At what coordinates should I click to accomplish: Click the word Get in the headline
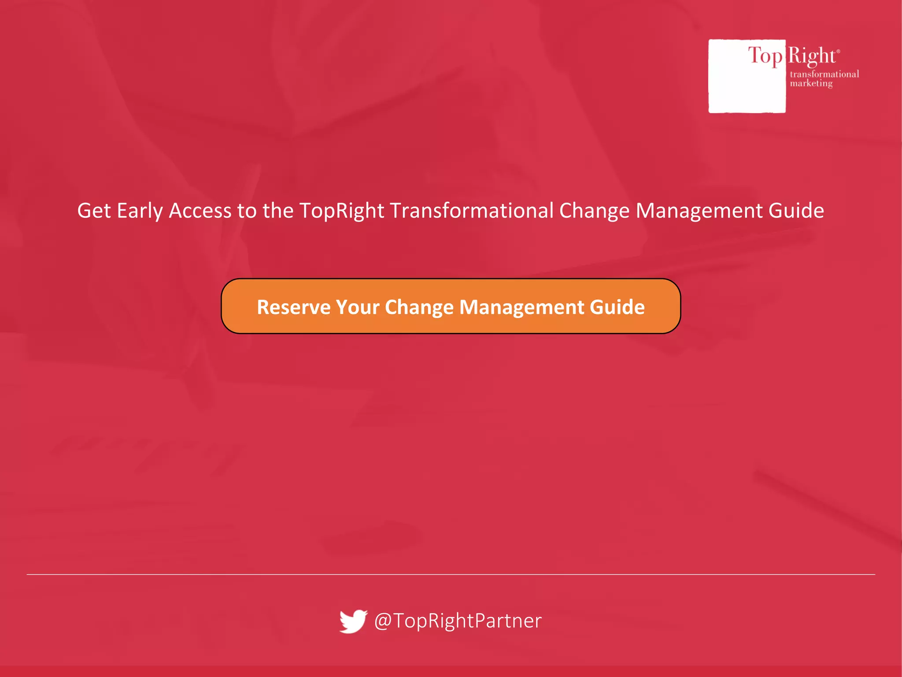[94, 211]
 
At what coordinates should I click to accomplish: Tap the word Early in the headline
[140, 211]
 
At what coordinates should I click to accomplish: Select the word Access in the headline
[200, 211]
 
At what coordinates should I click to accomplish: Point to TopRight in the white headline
[342, 211]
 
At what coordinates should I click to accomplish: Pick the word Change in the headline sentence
[594, 211]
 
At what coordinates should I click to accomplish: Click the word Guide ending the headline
[796, 211]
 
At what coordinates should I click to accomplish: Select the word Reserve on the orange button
[293, 307]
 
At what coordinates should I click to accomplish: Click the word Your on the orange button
[357, 307]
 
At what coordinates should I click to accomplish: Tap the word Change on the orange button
[419, 307]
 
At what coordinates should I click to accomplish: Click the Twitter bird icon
[353, 621]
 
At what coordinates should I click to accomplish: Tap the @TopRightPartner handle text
[458, 621]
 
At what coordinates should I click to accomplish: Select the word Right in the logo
[811, 56]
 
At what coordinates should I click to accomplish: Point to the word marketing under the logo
[811, 83]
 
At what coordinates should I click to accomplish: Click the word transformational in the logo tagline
[824, 74]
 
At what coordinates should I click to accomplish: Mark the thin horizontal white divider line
[451, 574]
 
